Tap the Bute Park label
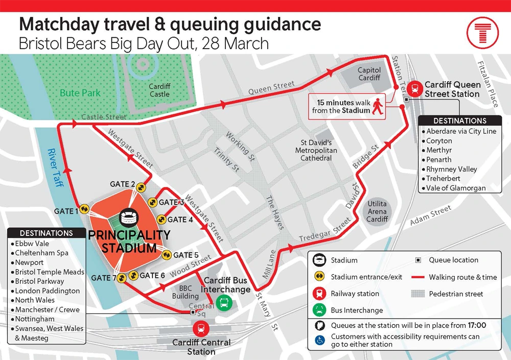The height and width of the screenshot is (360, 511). [x=80, y=93]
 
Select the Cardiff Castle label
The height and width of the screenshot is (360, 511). [x=159, y=90]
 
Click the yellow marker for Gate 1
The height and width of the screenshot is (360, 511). [x=84, y=209]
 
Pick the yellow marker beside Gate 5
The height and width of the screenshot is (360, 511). [x=166, y=255]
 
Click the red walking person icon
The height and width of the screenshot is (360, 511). [x=378, y=106]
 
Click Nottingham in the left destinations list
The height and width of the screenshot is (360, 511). [x=35, y=319]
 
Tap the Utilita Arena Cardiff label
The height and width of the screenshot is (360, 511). [x=377, y=211]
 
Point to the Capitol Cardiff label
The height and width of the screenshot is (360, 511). [x=369, y=74]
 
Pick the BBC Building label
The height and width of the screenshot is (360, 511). [x=185, y=292]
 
